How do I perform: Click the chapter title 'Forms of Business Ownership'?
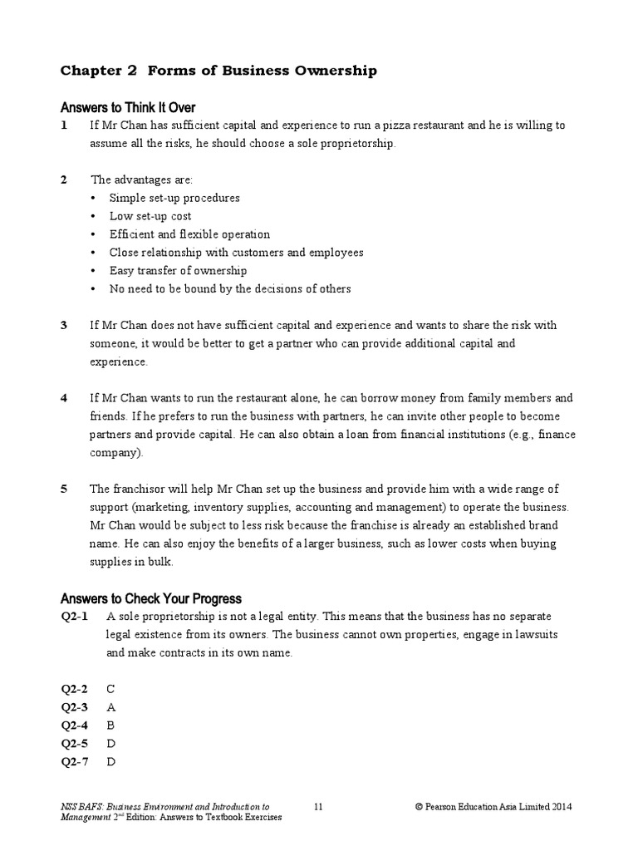[x=262, y=71]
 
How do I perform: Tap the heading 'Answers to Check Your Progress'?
[x=151, y=598]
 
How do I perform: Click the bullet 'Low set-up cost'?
[x=150, y=216]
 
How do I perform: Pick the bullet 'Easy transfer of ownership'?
[x=178, y=271]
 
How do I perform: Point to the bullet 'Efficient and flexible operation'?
[x=189, y=234]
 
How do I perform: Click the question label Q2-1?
[x=75, y=617]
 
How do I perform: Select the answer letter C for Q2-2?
[x=111, y=689]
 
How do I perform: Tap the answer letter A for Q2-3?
[x=111, y=707]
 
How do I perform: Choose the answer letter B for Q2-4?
[x=111, y=726]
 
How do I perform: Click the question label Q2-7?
[x=75, y=762]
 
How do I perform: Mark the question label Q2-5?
[x=75, y=744]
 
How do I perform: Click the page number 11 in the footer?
[x=319, y=806]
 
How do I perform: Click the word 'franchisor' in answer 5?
[x=134, y=489]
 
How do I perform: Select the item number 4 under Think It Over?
[x=64, y=398]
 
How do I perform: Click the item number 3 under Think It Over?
[x=64, y=325]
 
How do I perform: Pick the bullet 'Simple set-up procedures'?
[x=174, y=198]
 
